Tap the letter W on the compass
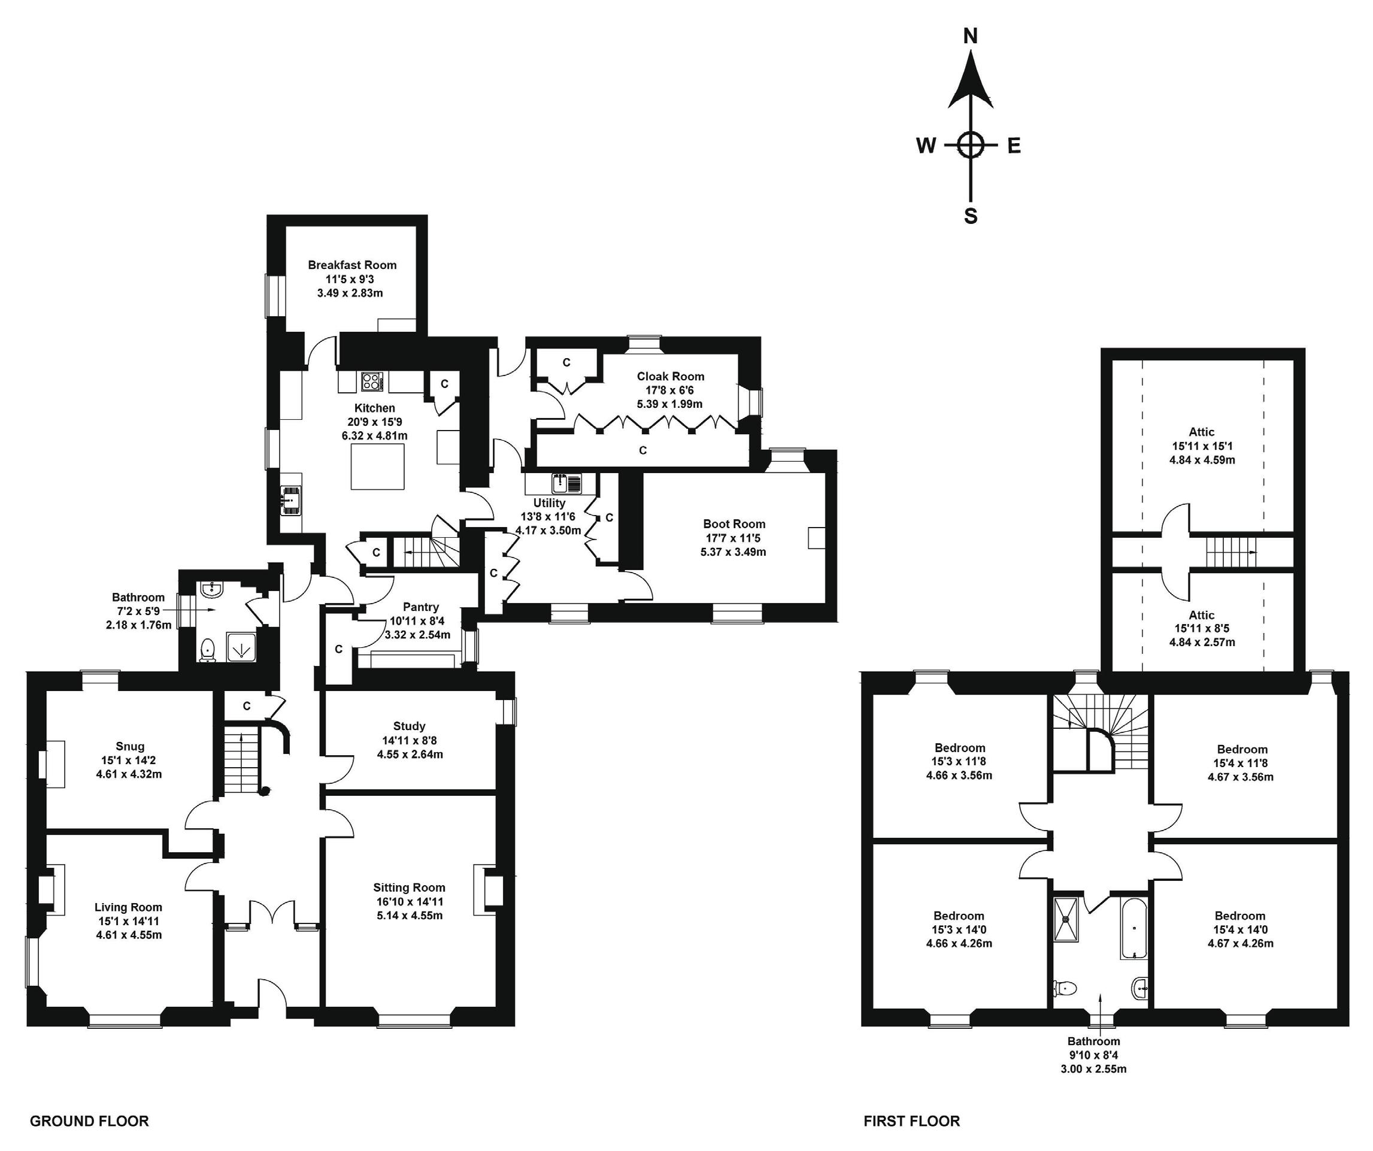(x=925, y=146)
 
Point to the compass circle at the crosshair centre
(x=971, y=144)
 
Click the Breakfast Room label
(x=353, y=265)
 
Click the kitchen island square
(x=377, y=467)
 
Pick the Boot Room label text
(x=734, y=524)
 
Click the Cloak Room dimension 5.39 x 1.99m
(x=669, y=404)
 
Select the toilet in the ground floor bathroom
(x=208, y=650)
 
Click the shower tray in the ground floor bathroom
(x=242, y=648)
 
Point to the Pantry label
(x=421, y=607)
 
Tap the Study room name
(x=410, y=726)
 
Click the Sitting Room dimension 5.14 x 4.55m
(x=410, y=916)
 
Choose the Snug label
(x=130, y=746)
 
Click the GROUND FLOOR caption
(x=90, y=1122)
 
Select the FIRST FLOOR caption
(x=911, y=1122)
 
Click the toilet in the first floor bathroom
(x=1065, y=988)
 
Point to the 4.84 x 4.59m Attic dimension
(x=1202, y=460)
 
